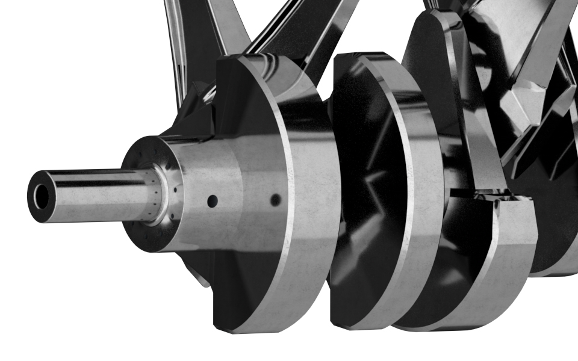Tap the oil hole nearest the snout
click(211, 200)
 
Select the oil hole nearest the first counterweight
click(275, 200)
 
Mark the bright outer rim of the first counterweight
click(307, 199)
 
